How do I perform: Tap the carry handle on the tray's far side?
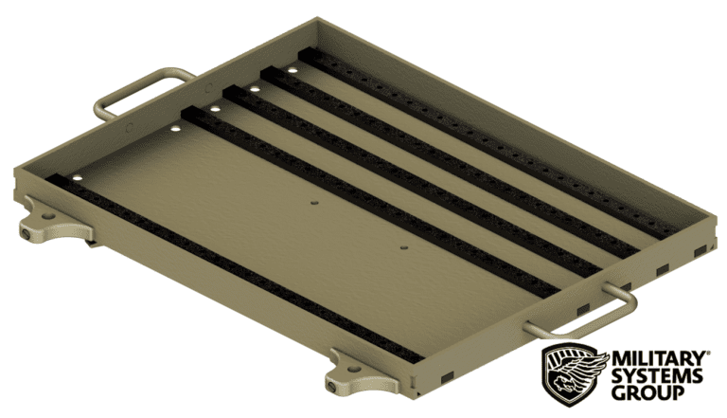[x=142, y=88]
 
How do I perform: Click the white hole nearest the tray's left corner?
[x=77, y=177]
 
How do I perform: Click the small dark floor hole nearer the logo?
[x=403, y=247]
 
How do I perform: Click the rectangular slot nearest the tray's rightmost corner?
[x=697, y=250]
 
